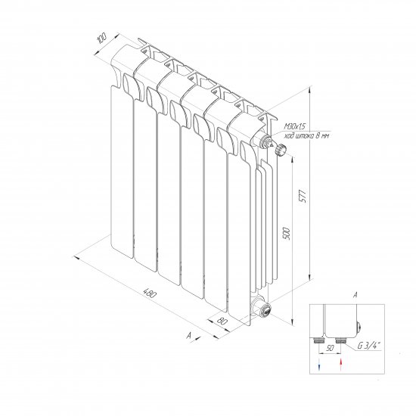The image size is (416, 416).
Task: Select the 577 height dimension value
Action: coord(303,197)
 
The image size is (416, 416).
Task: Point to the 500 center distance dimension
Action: coord(287,234)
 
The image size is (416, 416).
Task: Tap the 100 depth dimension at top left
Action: coord(102,39)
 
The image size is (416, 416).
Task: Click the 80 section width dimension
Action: coord(222,321)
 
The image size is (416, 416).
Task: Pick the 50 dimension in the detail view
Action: coord(330,348)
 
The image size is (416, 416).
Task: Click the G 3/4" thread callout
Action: coord(369,346)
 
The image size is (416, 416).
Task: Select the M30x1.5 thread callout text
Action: coord(294,127)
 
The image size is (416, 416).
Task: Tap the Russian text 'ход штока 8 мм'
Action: coord(306,136)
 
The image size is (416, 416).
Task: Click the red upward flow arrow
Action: coord(340,365)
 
